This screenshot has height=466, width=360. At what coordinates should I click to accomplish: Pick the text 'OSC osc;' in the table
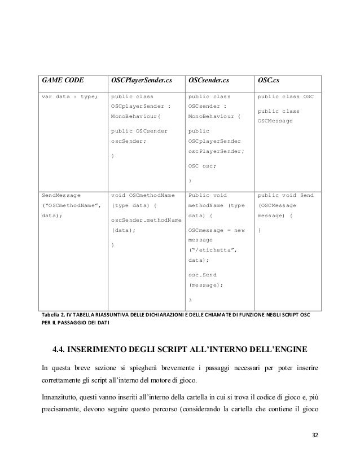(203, 166)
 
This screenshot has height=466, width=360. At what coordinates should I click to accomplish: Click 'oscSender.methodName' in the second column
(146, 219)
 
